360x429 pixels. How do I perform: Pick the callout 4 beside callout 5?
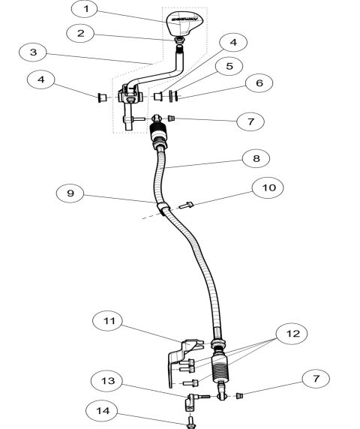click(232, 43)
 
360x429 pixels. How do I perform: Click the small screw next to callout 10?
click(187, 202)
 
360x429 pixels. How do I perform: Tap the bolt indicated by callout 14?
click(191, 421)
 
